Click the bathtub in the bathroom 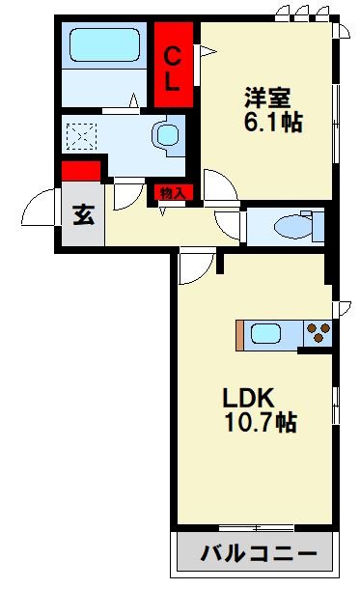point(104,44)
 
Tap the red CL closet point(174,65)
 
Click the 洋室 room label point(267,98)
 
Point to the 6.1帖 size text point(273,122)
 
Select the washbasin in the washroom point(168,135)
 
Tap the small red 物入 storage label point(173,193)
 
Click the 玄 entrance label point(84,214)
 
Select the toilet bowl point(293,227)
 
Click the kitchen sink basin point(265,333)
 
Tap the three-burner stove point(318,333)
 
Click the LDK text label point(248,398)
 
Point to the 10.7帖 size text point(261,422)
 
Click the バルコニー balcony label point(259,553)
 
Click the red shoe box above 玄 point(81,171)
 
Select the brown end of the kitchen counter point(239,335)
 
